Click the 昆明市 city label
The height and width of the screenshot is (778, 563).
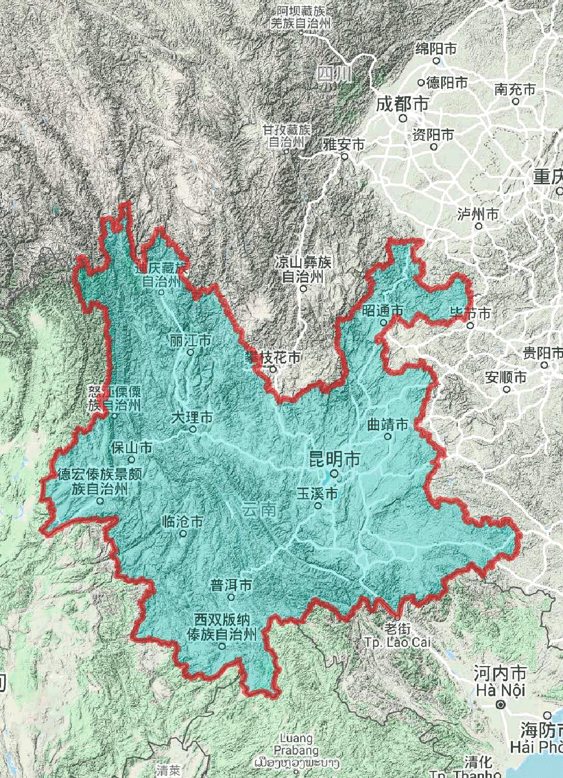coord(335,459)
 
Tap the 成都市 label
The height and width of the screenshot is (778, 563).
coord(402,104)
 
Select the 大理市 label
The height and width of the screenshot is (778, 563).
coord(192,418)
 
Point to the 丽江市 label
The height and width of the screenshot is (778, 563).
coord(190,341)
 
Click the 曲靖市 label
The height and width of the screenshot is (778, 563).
coord(387,424)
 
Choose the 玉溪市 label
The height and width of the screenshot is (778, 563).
coord(317,493)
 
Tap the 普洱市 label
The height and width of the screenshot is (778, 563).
coord(231,585)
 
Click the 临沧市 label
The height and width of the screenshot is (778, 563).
coord(182,521)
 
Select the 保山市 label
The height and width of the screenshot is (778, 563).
coord(131,447)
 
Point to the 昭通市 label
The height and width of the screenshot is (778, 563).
coord(383,311)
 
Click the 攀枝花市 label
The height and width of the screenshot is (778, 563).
coord(274,358)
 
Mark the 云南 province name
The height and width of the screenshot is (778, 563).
coord(259,509)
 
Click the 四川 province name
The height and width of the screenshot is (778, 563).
coord(334,74)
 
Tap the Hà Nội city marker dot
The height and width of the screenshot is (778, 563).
coord(501,705)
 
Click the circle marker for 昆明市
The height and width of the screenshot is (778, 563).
coord(334,474)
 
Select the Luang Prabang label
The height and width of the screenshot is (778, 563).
coord(296,744)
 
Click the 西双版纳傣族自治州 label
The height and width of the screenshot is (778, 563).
coord(222,627)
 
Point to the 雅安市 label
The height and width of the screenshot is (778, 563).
coord(344,144)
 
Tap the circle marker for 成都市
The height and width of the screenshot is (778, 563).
coord(403,118)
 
